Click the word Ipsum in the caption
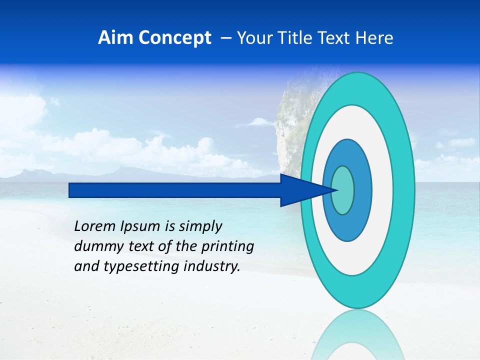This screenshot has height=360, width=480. pyautogui.click(x=140, y=226)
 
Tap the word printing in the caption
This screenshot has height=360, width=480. pyautogui.click(x=227, y=246)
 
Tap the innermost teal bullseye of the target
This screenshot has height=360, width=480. pyautogui.click(x=343, y=190)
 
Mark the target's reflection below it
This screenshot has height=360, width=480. pyautogui.click(x=358, y=335)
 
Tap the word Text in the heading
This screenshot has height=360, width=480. pyautogui.click(x=336, y=38)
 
